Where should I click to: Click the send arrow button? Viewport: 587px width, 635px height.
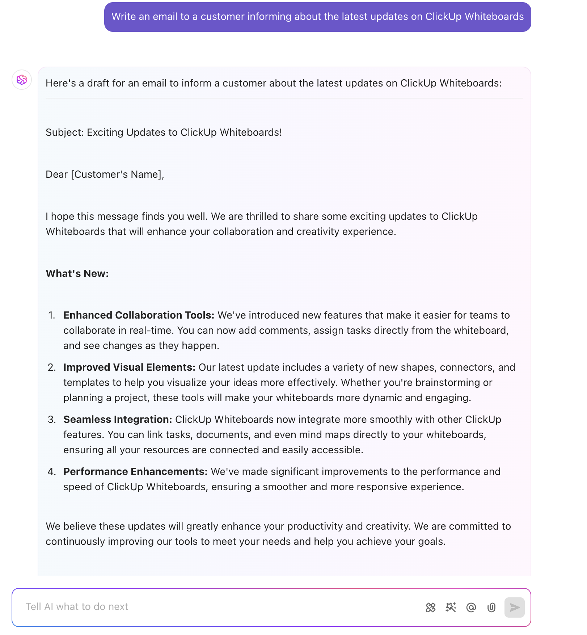pyautogui.click(x=514, y=607)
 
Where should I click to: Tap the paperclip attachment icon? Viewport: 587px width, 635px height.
pyautogui.click(x=491, y=607)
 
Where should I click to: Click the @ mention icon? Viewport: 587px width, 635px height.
pyautogui.click(x=471, y=607)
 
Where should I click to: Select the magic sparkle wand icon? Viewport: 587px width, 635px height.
pyautogui.click(x=451, y=607)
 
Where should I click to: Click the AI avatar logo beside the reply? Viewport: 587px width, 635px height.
pyautogui.click(x=22, y=80)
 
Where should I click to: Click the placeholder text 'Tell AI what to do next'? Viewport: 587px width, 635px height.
pyautogui.click(x=77, y=607)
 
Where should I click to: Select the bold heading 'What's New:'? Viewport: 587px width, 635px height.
pyautogui.click(x=77, y=273)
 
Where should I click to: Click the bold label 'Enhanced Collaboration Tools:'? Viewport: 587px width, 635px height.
pyautogui.click(x=139, y=315)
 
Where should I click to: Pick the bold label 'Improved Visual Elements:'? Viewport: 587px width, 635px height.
pyautogui.click(x=129, y=367)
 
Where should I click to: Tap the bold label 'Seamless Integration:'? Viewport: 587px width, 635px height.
pyautogui.click(x=118, y=419)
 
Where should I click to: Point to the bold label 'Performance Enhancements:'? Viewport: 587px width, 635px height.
pyautogui.click(x=135, y=471)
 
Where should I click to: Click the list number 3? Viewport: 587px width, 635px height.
pyautogui.click(x=52, y=419)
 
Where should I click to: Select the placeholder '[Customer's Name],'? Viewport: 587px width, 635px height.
pyautogui.click(x=118, y=174)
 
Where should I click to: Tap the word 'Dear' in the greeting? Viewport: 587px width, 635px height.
pyautogui.click(x=57, y=174)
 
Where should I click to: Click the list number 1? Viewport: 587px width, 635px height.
pyautogui.click(x=52, y=315)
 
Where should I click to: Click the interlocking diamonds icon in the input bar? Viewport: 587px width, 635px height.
pyautogui.click(x=430, y=607)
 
